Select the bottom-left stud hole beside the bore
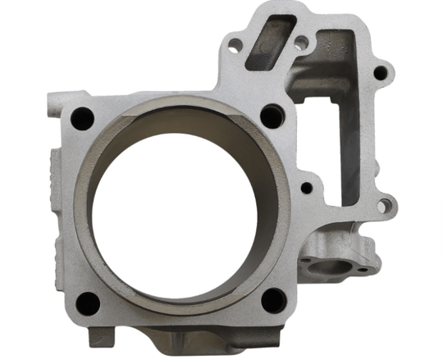88,304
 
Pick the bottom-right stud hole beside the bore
271,300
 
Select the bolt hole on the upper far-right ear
379,72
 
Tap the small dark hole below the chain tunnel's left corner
307,188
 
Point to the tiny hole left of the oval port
304,263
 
